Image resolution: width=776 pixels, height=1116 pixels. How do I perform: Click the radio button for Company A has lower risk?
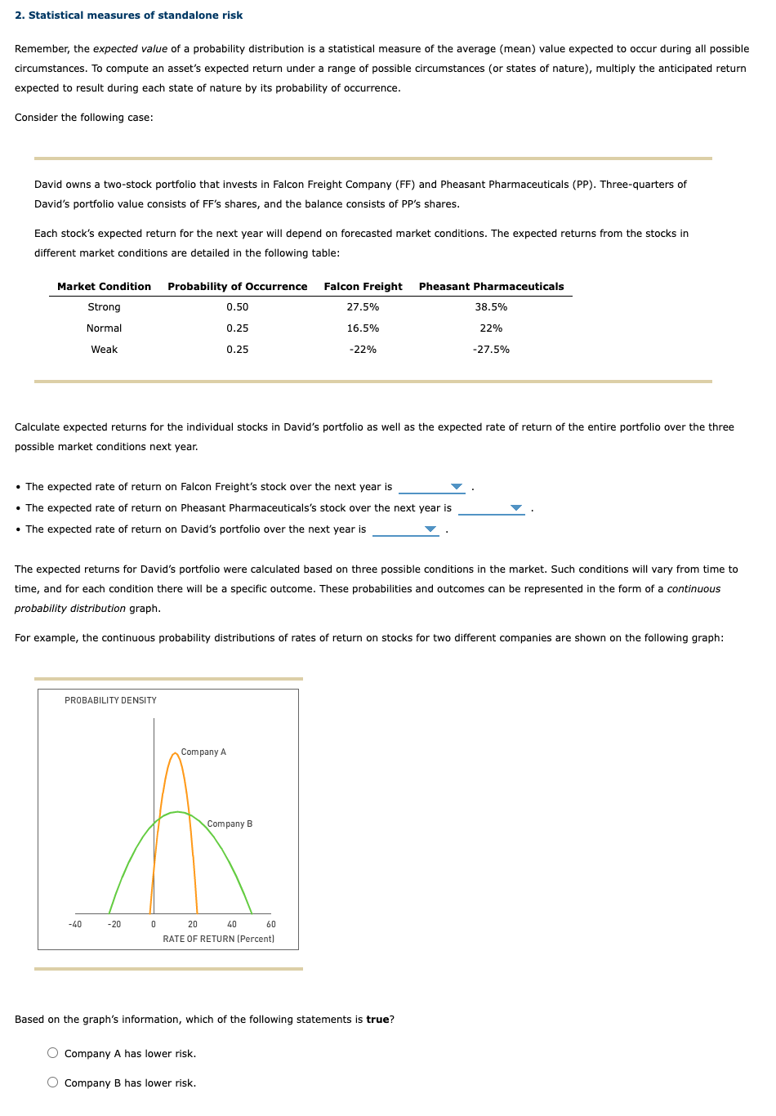[53, 1053]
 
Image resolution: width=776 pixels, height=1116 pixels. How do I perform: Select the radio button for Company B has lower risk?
[53, 1083]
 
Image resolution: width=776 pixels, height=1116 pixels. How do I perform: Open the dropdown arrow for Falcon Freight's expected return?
[457, 487]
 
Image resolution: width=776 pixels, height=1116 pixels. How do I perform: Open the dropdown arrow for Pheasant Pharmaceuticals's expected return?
[516, 508]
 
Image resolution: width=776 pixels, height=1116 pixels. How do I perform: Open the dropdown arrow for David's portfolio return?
[430, 529]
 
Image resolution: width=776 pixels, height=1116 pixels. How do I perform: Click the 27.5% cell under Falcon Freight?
[363, 307]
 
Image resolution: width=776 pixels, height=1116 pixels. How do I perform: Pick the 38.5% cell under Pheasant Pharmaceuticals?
[491, 307]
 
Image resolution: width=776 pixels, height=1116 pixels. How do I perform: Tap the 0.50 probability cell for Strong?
[237, 307]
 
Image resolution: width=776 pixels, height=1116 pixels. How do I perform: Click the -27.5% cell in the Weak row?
[491, 350]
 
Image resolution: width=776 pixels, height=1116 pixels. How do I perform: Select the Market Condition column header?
[104, 287]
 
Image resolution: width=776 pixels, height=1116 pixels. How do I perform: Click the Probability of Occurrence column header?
[237, 287]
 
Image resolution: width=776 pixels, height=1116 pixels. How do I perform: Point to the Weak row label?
[104, 350]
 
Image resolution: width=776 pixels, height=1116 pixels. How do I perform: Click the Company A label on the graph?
[203, 752]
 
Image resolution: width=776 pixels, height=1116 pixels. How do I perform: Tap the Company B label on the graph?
[230, 824]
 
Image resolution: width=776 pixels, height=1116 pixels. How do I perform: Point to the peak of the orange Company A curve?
[175, 753]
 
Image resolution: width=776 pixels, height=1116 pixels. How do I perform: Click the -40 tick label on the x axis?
[75, 924]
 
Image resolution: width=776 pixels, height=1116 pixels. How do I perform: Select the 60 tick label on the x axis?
[271, 924]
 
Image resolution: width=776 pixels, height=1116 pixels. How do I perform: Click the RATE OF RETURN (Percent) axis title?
[218, 939]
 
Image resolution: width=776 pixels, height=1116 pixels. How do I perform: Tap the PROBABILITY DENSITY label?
[110, 700]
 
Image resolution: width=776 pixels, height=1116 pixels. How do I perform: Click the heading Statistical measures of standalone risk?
[135, 16]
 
